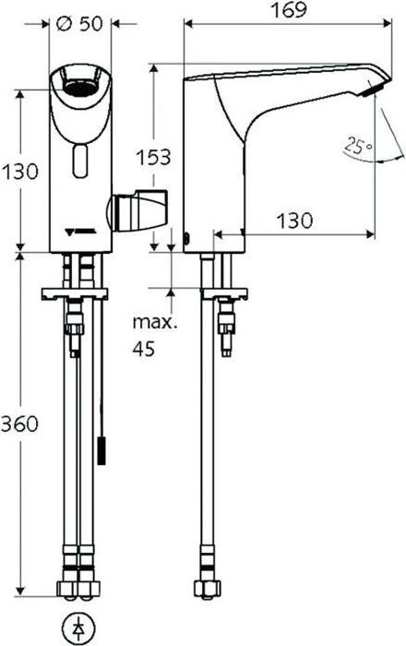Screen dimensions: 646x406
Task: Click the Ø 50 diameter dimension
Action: pyautogui.click(x=79, y=25)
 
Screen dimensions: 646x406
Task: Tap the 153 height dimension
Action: pyautogui.click(x=153, y=157)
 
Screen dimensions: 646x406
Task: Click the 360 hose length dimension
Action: pyautogui.click(x=19, y=425)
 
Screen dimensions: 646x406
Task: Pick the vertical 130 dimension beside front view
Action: pyautogui.click(x=19, y=172)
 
